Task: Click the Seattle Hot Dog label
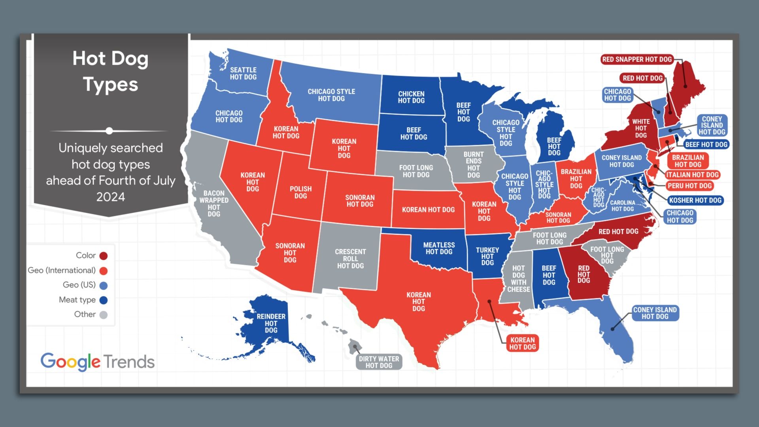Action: pos(243,74)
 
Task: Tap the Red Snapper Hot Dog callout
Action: pos(636,59)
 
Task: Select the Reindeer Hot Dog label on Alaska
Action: pos(271,323)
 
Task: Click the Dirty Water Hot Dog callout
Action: pos(379,362)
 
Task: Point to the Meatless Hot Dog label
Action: pos(439,248)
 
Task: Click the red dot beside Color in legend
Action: pos(104,256)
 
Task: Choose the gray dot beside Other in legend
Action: pos(103,315)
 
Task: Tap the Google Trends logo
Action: pos(97,361)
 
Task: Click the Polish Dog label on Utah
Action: pos(300,192)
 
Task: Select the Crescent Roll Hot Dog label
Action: pos(350,259)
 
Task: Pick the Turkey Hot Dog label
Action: pos(487,256)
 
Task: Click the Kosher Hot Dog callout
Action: pos(695,200)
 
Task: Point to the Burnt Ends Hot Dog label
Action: pos(473,164)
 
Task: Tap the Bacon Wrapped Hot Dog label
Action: pos(213,203)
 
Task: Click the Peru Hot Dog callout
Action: pos(689,185)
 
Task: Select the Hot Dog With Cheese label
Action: pos(518,279)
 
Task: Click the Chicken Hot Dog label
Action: pos(411,97)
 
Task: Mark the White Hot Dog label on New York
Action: pos(640,128)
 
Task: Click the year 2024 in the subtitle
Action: pos(110,197)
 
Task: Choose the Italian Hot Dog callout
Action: pos(692,175)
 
